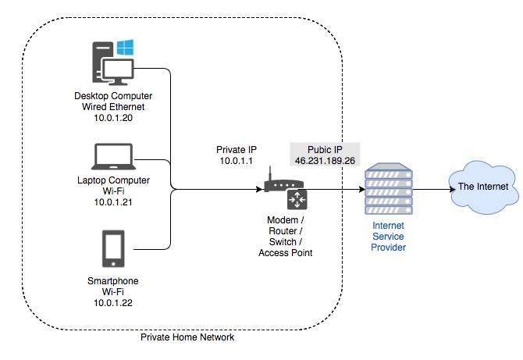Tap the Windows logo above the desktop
tap(126, 48)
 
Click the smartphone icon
tap(112, 249)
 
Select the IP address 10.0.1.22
tap(112, 301)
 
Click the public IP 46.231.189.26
tap(325, 160)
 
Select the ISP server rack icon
tap(388, 190)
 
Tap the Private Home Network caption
tap(187, 337)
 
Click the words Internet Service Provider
tap(388, 237)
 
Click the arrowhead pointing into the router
tap(260, 189)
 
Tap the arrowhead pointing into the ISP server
tap(361, 189)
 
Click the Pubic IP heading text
tap(325, 148)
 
